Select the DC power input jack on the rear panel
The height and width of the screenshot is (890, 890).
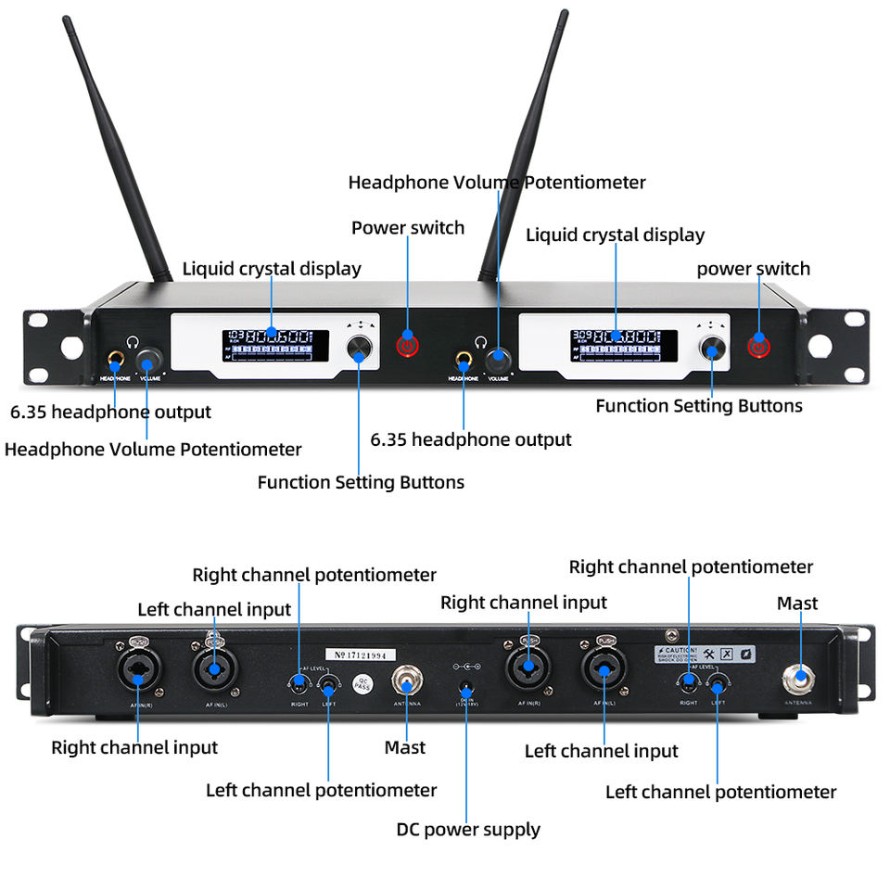467,691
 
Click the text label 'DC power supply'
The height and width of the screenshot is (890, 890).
468,830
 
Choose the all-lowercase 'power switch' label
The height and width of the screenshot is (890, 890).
753,269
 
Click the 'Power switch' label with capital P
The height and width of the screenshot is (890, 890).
408,228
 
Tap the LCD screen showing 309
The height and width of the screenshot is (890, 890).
617,344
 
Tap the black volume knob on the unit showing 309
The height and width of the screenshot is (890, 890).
501,357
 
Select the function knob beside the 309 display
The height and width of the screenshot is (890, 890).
712,349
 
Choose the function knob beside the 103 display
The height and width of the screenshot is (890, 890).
360,349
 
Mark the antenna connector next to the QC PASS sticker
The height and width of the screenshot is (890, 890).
406,683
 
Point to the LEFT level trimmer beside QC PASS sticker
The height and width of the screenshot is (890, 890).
327,687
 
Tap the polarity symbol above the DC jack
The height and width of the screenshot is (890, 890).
466,667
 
